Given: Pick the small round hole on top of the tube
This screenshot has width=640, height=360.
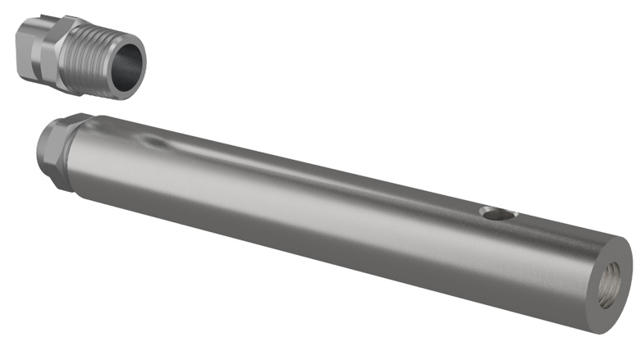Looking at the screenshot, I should pyautogui.click(x=497, y=215).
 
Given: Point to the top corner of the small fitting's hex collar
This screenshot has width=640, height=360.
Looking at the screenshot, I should pyautogui.click(x=66, y=17).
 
